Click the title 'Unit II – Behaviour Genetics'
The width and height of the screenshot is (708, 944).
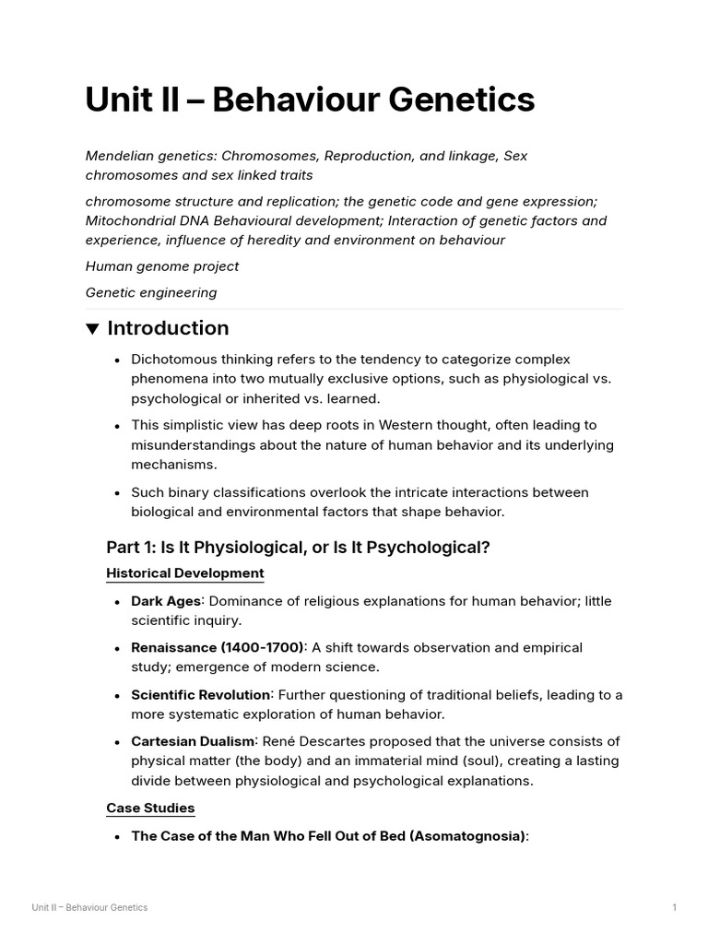(310, 100)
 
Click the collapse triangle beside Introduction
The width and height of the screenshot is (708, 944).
(92, 329)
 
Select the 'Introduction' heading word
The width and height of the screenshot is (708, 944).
(168, 328)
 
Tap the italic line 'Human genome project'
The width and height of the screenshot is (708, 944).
(162, 266)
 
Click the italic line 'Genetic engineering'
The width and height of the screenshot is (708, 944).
(151, 293)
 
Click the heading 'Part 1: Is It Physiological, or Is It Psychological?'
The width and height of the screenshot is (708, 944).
(298, 548)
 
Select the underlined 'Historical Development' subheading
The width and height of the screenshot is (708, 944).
(185, 573)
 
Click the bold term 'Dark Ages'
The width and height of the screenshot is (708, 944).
(166, 601)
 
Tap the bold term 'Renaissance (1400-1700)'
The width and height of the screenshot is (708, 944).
(218, 648)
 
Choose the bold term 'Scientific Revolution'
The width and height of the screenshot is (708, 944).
(201, 694)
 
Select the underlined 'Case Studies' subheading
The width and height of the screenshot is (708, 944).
(150, 808)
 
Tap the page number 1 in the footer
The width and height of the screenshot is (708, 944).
(674, 907)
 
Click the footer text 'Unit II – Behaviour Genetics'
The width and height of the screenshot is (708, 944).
(89, 907)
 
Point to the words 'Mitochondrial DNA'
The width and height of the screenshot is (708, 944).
(146, 221)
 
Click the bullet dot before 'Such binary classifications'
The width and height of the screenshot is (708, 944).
(117, 493)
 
